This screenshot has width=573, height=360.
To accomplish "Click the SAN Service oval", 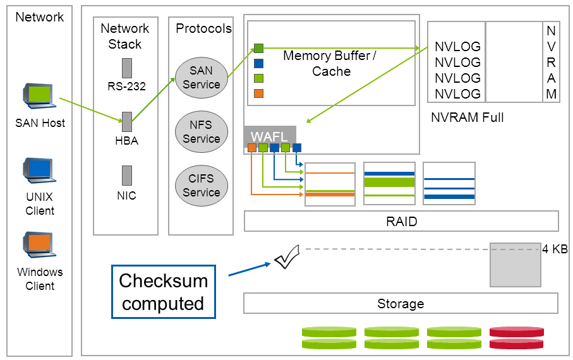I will click(201, 78).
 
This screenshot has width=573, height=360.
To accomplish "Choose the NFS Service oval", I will click(201, 132).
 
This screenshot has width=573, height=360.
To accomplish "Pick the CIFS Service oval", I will click(201, 186).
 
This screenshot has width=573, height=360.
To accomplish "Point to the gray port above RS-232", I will click(126, 68).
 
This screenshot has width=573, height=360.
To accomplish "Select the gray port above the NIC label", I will click(126, 175).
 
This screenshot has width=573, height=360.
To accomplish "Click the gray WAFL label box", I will click(269, 137).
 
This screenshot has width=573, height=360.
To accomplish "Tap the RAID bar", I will click(401, 222).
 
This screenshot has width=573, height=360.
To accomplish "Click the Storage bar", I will click(401, 304).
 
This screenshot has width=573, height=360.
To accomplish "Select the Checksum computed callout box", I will click(163, 291).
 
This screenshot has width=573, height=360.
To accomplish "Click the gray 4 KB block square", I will click(516, 264).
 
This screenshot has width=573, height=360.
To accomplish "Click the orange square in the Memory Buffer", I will click(258, 93).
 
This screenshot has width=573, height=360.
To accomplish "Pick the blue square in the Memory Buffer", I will click(258, 63).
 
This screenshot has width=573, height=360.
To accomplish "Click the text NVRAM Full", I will click(467, 117).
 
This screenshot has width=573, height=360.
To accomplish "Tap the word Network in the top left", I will click(39, 17).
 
